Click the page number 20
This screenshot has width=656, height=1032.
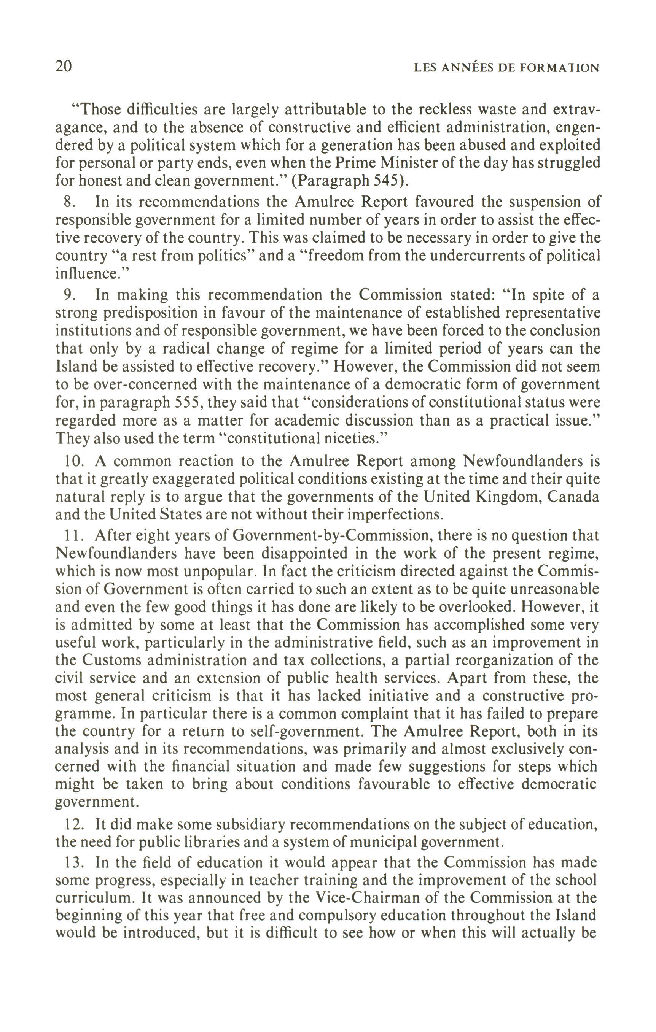click(64, 67)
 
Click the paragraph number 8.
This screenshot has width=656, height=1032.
click(68, 202)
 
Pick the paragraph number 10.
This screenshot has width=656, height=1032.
click(73, 461)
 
